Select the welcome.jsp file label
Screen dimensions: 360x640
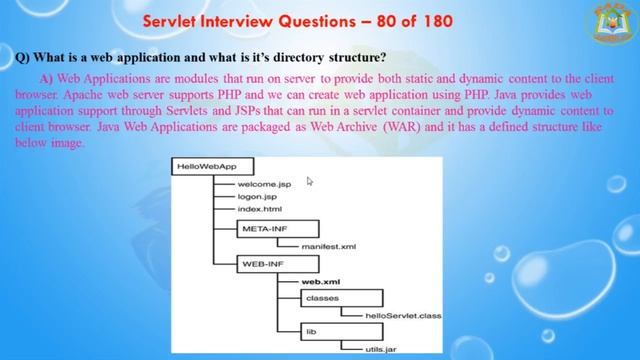(264, 185)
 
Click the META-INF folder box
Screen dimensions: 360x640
(264, 228)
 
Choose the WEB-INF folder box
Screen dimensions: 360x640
(263, 264)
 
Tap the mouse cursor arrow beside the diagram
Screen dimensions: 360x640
(310, 181)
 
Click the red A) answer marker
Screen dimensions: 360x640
(46, 77)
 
